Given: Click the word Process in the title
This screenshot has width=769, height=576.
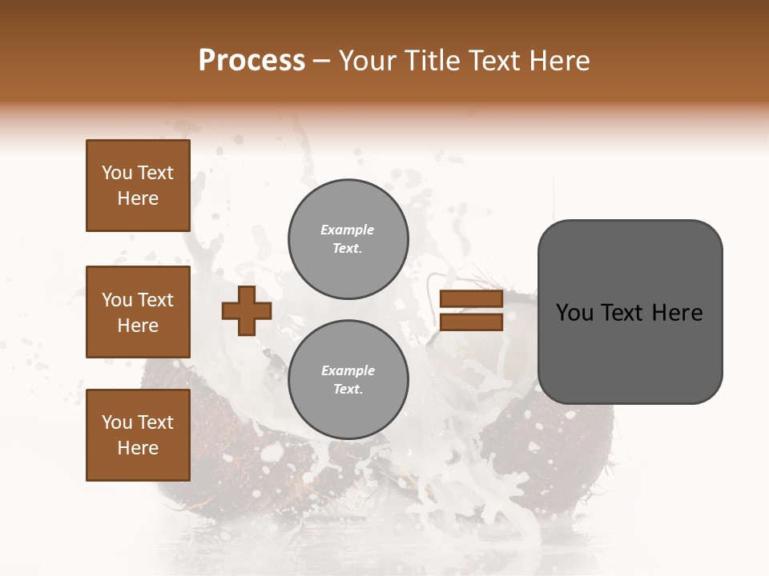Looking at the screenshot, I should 252,61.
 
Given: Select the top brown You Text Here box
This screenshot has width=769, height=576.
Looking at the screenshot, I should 138,186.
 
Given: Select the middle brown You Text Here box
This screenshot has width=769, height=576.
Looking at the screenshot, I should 138,312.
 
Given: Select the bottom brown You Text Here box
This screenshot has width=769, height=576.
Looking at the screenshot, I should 138,435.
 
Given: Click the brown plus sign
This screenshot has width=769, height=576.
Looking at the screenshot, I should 247,310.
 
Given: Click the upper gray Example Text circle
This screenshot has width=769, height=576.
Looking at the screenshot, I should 348,239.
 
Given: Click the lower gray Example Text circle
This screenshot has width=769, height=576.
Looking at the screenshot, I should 348,380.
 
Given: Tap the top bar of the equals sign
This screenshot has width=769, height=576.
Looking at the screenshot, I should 471,299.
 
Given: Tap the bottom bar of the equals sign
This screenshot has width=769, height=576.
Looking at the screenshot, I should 471,322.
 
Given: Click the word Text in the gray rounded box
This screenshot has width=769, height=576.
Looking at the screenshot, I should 623,313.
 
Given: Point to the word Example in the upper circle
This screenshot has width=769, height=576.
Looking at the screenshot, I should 348,230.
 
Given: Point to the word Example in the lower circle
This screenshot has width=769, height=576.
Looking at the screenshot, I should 348,370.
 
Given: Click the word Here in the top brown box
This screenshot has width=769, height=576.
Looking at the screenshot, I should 138,198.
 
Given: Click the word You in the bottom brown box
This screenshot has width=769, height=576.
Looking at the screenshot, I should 117,422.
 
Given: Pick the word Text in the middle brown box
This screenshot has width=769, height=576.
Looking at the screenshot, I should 155,300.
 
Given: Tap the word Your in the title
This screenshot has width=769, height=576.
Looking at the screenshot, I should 367,61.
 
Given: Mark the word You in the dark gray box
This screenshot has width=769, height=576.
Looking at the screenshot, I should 574,313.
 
